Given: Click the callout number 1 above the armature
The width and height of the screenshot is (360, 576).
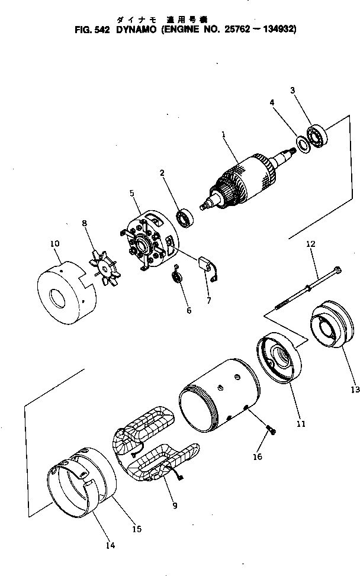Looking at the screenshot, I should pyautogui.click(x=224, y=134).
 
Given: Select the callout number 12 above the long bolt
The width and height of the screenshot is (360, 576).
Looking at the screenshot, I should pyautogui.click(x=310, y=243).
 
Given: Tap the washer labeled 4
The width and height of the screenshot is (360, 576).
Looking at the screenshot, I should pyautogui.click(x=301, y=143).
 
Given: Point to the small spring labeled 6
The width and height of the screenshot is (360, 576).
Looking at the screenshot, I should pyautogui.click(x=176, y=276).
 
